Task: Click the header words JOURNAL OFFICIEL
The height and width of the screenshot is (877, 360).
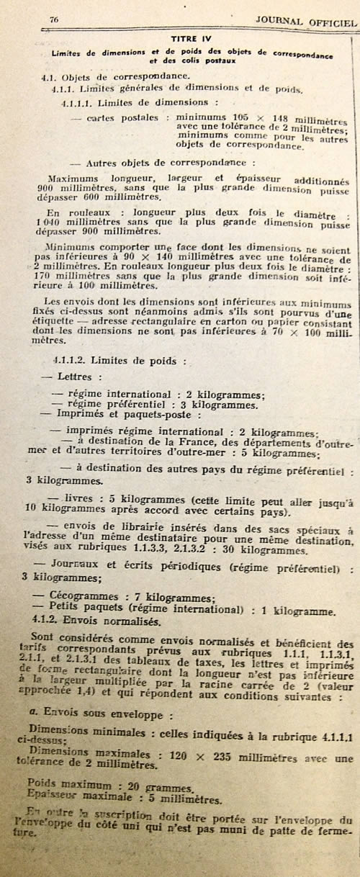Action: (x=306, y=21)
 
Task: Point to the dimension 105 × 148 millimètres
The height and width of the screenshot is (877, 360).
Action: (x=263, y=118)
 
